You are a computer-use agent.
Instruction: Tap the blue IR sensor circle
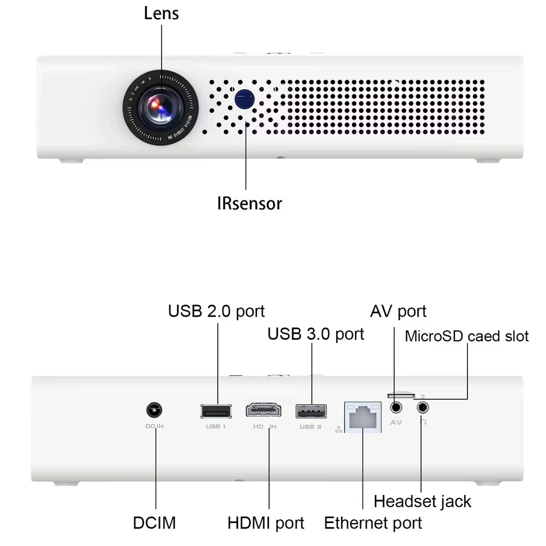click(244, 98)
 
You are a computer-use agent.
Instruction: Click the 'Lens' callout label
click(161, 13)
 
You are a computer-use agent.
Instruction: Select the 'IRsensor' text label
click(250, 204)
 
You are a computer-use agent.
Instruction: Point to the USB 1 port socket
click(216, 411)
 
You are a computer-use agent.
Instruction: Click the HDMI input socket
click(263, 411)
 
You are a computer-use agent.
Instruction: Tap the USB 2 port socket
click(311, 411)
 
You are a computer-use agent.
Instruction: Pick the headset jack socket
click(422, 407)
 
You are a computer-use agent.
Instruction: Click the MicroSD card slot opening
click(401, 394)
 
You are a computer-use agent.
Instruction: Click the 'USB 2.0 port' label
click(216, 311)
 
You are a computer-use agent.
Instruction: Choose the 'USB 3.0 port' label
click(316, 334)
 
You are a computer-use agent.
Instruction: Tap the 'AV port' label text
click(398, 311)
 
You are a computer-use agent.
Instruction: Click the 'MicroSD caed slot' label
click(467, 336)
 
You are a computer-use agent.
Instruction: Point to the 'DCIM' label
click(155, 523)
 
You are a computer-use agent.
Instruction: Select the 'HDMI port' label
click(266, 523)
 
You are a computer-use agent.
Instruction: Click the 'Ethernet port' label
click(373, 523)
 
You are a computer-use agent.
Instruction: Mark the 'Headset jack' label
click(422, 501)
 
